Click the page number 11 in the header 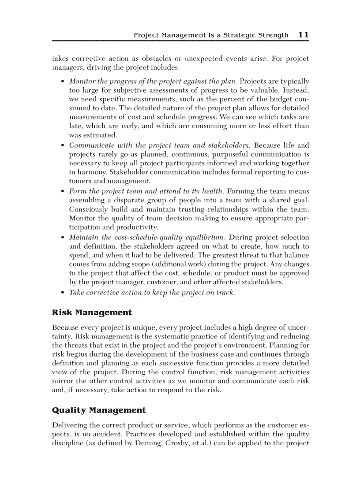tap(304, 35)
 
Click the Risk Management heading tap(92, 313)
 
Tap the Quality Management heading tap(99, 410)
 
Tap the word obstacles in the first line tap(165, 59)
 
